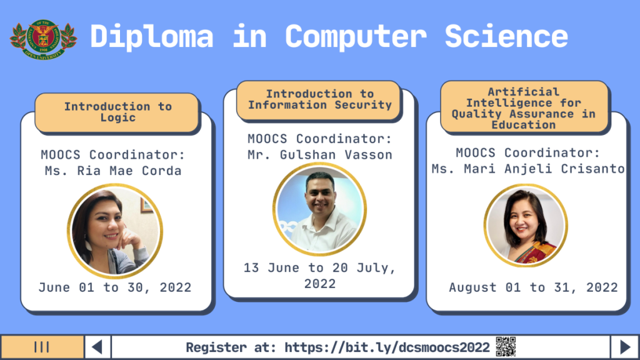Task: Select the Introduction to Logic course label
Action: (x=117, y=112)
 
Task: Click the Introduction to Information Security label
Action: (x=319, y=99)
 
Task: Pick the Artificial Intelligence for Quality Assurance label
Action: (x=523, y=108)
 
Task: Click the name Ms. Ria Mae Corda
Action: (x=111, y=171)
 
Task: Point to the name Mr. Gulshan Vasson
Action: (x=319, y=155)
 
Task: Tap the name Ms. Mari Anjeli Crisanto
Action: (x=528, y=169)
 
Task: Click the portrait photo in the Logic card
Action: (x=115, y=231)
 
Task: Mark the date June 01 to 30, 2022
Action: (x=115, y=287)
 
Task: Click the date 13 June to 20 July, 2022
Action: (x=319, y=276)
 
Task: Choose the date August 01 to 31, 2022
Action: (x=533, y=287)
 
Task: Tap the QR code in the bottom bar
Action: (x=506, y=347)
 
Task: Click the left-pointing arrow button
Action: (x=97, y=347)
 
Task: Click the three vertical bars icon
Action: (x=42, y=347)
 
